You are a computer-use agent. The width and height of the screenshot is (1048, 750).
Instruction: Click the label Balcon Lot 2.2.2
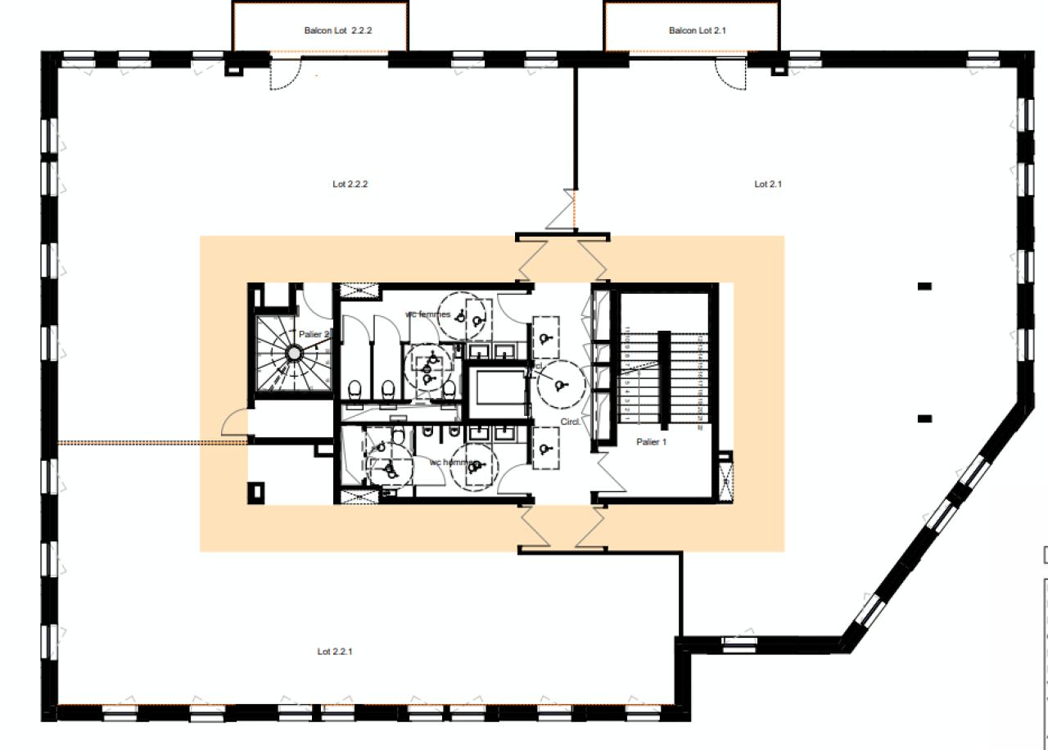coord(344,30)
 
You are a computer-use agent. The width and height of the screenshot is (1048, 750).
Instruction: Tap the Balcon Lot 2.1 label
coord(698,30)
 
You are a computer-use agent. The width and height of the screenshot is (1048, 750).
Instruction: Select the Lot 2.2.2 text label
coord(350,184)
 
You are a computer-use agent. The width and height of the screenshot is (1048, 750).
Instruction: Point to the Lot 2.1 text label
coord(767,184)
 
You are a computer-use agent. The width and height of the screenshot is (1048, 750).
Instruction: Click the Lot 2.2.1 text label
coord(335,652)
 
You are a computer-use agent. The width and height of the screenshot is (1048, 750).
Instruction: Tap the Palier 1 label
coord(652,442)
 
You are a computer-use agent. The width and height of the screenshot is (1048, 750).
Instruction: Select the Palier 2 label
coord(314,334)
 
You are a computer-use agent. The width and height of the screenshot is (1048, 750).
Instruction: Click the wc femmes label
coord(427,314)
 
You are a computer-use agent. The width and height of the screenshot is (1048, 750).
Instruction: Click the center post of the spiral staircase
coord(293,353)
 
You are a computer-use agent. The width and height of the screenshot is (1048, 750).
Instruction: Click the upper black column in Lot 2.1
coord(924,286)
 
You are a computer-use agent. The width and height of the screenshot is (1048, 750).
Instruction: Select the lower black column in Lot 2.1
coord(924,418)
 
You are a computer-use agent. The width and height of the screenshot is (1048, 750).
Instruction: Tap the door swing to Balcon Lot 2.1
coord(731,72)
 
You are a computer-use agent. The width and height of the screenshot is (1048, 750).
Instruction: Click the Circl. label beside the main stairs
coord(571,422)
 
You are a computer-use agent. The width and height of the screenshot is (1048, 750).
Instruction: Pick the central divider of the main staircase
coord(664,377)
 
